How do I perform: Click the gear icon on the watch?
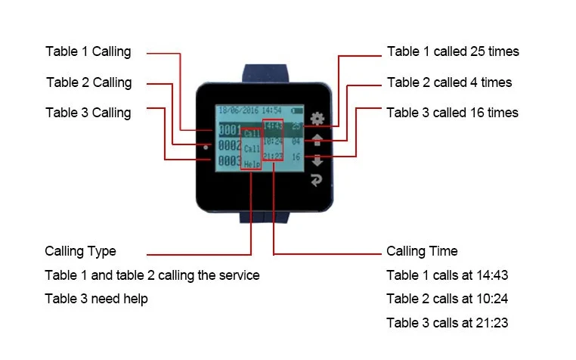317,119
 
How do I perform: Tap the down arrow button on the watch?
317,160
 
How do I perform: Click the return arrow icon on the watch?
317,180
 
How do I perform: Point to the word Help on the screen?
252,163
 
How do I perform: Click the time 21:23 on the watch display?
274,157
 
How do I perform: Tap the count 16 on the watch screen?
296,157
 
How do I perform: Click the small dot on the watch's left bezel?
206,148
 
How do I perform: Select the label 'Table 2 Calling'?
88,82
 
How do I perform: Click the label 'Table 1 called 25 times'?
453,52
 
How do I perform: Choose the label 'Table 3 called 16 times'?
452,113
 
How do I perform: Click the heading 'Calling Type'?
80,251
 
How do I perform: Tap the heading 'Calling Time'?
422,251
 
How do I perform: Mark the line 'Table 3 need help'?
96,299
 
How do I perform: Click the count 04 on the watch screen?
296,141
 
